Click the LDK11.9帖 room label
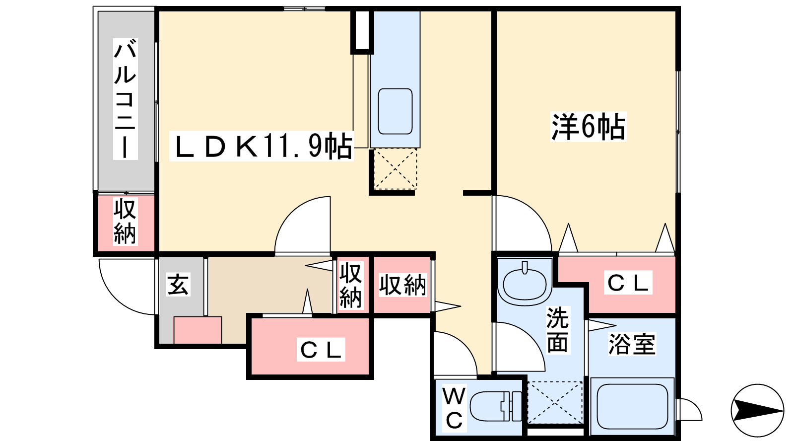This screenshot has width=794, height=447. click(262, 146)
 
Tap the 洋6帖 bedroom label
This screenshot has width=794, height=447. click(589, 127)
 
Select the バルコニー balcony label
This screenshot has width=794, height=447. click(125, 99)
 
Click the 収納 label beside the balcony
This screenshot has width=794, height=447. click(125, 222)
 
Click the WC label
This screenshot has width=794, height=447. click(454, 408)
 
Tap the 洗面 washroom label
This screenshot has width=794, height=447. click(557, 330)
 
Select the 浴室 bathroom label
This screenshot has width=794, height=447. click(632, 344)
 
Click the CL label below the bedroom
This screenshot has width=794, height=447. click(628, 283)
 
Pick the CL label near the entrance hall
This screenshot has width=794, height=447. click(321, 350)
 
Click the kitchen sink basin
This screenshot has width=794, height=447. click(395, 111)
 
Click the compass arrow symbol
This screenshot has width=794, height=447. click(757, 411)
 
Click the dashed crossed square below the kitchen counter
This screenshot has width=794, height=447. click(395, 169)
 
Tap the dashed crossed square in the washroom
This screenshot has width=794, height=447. click(555, 402)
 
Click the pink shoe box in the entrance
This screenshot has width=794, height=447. click(198, 330)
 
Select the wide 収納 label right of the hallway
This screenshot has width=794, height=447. click(402, 285)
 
